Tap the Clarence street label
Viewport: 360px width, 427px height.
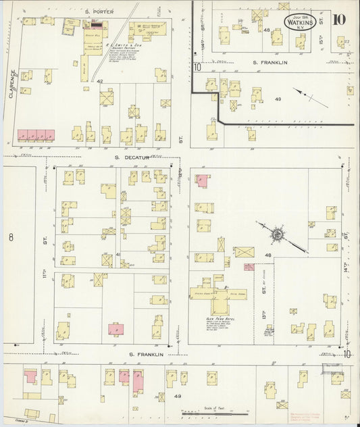[11, 84]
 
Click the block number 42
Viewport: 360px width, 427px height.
[99, 81]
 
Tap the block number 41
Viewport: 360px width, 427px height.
[118, 254]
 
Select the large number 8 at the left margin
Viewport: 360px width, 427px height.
[11, 237]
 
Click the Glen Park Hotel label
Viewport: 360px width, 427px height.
[220, 318]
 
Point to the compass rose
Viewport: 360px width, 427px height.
[277, 234]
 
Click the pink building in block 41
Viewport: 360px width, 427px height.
[118, 328]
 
